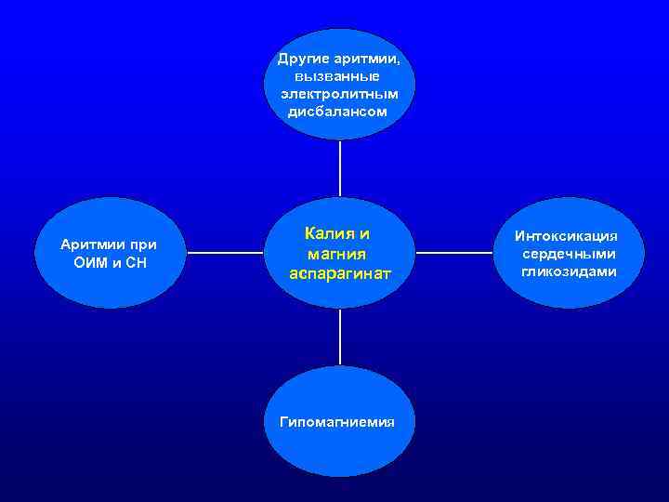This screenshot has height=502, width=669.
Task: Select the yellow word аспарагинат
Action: (x=340, y=273)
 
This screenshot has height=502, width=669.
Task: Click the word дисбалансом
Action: (x=338, y=112)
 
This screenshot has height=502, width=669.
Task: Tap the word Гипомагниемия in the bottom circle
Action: (x=337, y=421)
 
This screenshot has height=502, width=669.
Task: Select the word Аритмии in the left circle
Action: (x=90, y=244)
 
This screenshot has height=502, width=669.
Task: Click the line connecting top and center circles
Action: (x=340, y=167)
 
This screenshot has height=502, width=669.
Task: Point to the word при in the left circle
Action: (x=142, y=244)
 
